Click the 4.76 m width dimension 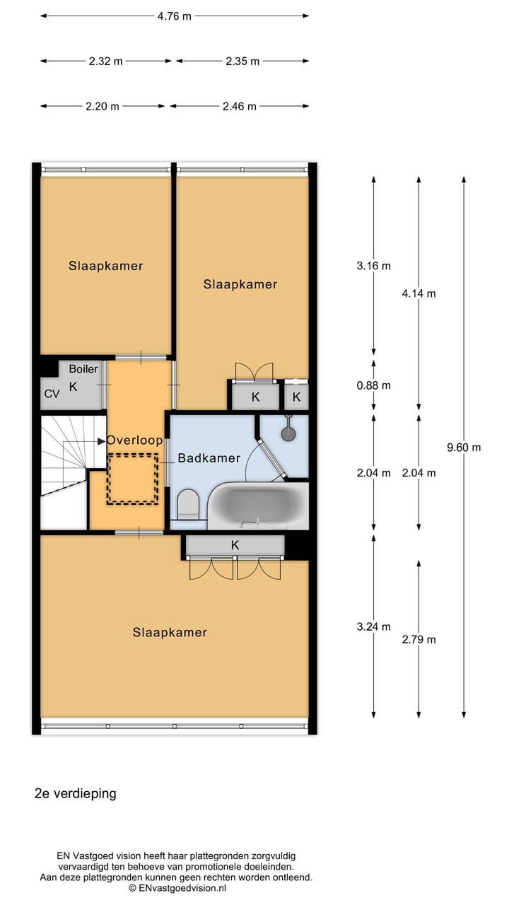coord(174,16)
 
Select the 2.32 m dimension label coord(105,62)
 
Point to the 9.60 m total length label coord(464,448)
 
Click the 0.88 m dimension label coord(373,386)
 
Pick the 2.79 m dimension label coord(419,640)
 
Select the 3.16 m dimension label coord(373,267)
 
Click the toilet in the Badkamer coord(189,504)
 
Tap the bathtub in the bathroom coord(258,505)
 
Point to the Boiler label coord(83,369)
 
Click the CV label coord(52,394)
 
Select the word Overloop coord(134,440)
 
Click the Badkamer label coord(209,458)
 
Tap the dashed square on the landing coord(132,479)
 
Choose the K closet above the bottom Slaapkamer coord(235,545)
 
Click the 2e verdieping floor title coord(76,793)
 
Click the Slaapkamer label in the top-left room coord(106,267)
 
